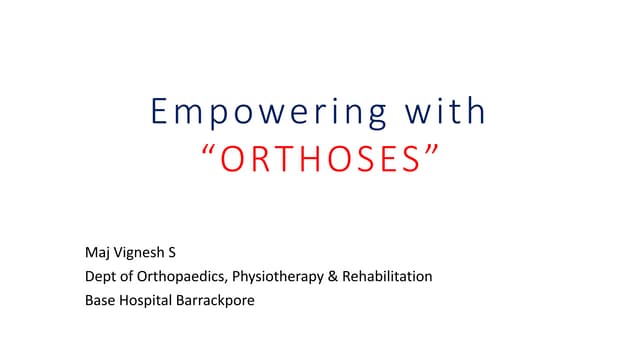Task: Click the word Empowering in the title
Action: [274, 112]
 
